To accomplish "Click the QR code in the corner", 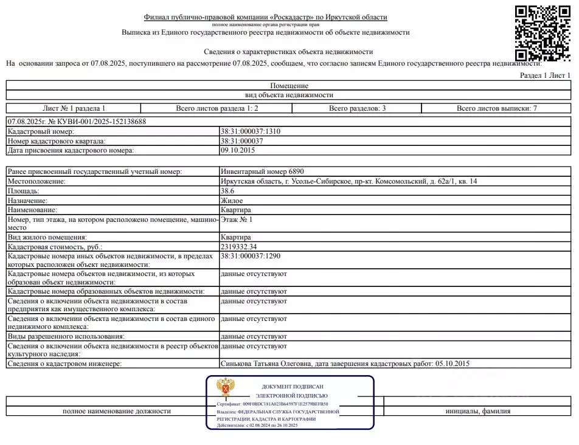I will (x=543, y=33).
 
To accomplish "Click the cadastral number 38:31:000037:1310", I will (x=251, y=131).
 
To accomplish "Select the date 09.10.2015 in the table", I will (x=238, y=150).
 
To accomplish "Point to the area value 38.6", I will (x=227, y=191).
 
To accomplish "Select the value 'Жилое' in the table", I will (x=232, y=200).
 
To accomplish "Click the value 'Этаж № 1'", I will (x=236, y=219).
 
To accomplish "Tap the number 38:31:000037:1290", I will (x=251, y=256).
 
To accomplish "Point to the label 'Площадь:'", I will (x=23, y=191).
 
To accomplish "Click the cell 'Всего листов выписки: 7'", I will (x=497, y=108).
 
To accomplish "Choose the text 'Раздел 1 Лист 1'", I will (x=546, y=75).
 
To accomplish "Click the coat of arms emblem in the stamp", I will (x=227, y=387).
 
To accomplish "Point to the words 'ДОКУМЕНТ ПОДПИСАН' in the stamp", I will (x=293, y=387).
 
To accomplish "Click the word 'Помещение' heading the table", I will (x=289, y=86).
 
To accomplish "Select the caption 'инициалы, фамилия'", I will (x=477, y=411).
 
